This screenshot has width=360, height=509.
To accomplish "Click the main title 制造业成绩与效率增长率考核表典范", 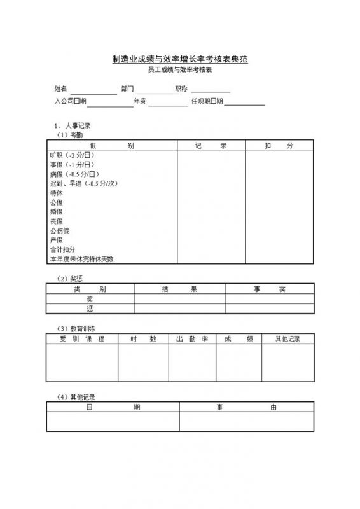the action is point(180,59).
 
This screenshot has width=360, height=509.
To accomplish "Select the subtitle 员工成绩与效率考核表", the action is point(180,71).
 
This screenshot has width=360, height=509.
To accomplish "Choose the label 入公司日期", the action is point(70,101).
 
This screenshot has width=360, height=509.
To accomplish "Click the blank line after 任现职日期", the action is point(244,102).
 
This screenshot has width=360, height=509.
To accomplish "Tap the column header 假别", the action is point(112,146).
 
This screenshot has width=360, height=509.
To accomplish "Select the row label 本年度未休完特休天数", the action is point(81,259).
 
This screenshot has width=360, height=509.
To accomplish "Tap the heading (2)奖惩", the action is point(70,279).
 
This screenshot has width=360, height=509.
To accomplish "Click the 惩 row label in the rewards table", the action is point(90,308).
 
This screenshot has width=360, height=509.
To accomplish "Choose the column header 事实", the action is point(270,289).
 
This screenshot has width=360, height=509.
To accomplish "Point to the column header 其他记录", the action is point(287,338).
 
